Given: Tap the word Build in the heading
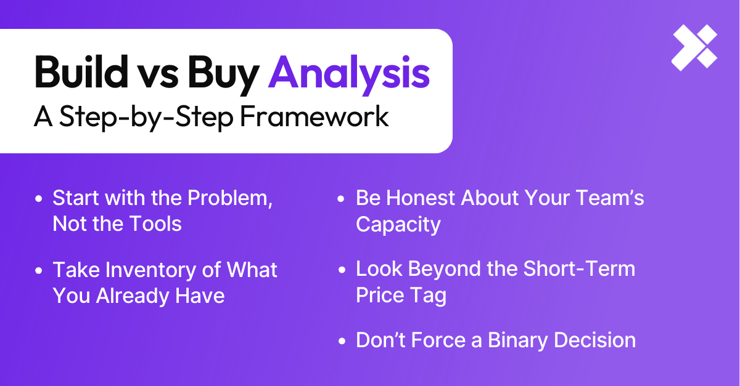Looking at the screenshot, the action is coord(81,72).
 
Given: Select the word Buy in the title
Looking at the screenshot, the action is coord(224,75).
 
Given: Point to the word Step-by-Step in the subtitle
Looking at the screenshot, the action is coord(146,118).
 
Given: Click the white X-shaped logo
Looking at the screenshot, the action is coord(694,47).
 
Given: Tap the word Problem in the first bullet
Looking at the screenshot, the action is coord(230,198).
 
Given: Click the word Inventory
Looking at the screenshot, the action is coord(150,270).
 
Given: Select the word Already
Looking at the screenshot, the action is coord(133,296).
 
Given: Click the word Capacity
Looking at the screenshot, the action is coord(398,225).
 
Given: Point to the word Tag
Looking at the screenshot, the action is coord(429,296).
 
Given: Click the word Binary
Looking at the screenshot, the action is coord(517,340).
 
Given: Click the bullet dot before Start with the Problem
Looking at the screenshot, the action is coord(39,199).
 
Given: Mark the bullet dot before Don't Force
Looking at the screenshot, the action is coord(342,341).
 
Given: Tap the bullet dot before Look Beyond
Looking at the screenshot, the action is coord(342,270).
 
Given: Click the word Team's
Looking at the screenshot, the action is coord(610,198).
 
